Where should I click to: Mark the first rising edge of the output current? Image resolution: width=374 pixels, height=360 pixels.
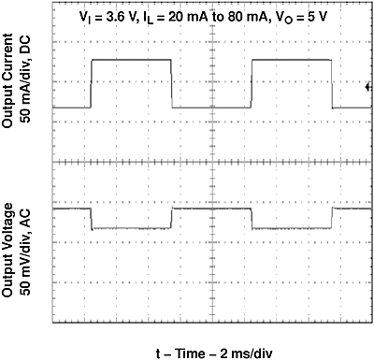point(91,84)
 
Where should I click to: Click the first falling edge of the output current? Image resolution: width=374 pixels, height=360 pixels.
point(172,84)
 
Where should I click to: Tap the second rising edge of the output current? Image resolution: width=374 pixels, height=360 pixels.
point(252,84)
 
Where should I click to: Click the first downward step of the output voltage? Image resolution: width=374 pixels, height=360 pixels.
point(91,219)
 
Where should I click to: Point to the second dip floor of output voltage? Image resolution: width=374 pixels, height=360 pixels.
point(293,227)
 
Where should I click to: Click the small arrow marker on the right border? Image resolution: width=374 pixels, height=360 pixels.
point(368,88)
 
